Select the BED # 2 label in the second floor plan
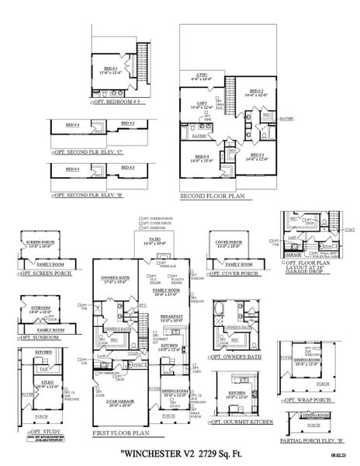255,91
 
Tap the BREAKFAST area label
171,316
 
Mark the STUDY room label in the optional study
46,384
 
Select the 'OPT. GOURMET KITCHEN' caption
239,422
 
